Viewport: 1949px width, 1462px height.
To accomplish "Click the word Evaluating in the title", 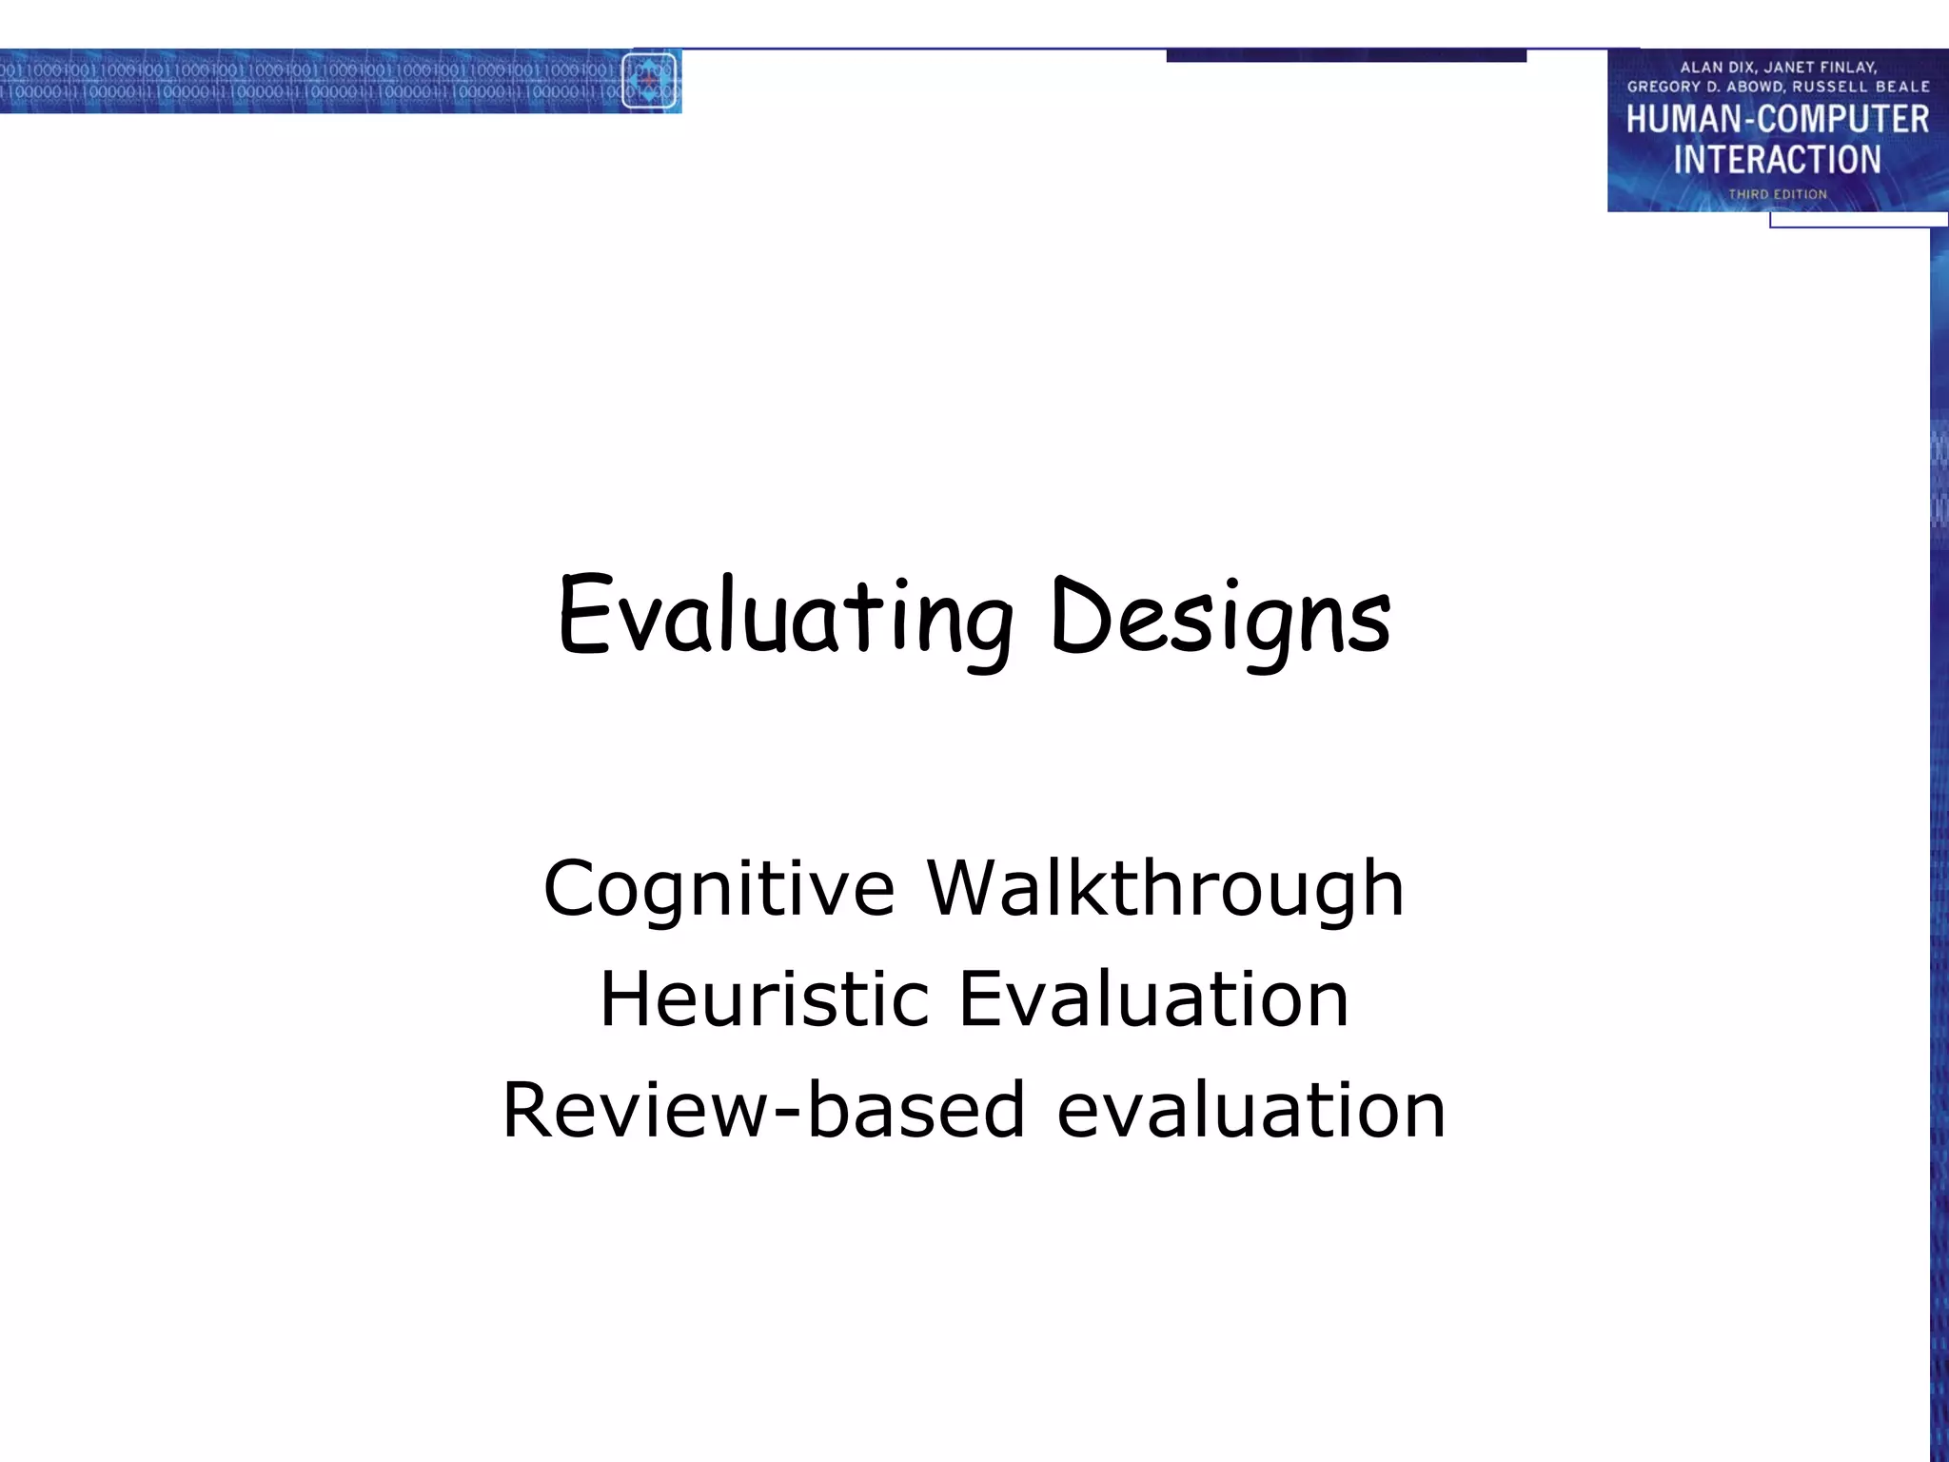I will (x=785, y=619).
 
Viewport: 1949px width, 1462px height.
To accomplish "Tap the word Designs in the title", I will (x=1221, y=619).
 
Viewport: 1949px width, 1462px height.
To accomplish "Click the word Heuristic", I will (x=764, y=999).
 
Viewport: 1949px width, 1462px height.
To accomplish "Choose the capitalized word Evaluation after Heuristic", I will (x=1153, y=999).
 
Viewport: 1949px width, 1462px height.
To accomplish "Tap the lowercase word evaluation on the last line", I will (x=1251, y=1111).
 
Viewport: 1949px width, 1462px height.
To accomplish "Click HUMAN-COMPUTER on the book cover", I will (x=1777, y=120).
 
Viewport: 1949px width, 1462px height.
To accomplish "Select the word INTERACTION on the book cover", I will (x=1777, y=160).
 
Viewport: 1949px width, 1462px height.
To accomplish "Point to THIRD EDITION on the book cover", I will (x=1777, y=194).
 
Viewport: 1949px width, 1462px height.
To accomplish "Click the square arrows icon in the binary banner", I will (x=649, y=81).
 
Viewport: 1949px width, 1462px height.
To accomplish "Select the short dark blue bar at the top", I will (x=1346, y=56).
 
